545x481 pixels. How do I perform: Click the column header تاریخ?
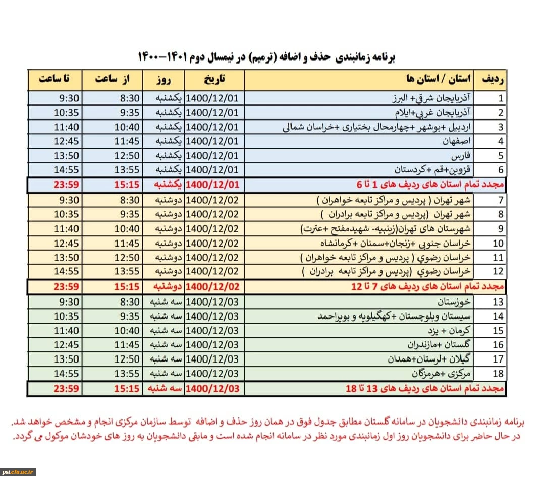(214, 80)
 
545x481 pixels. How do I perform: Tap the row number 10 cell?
(498, 244)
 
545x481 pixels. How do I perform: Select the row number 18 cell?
(498, 374)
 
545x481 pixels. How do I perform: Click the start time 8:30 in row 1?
(130, 98)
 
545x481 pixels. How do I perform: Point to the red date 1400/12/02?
(212, 287)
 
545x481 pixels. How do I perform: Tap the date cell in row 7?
(212, 200)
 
